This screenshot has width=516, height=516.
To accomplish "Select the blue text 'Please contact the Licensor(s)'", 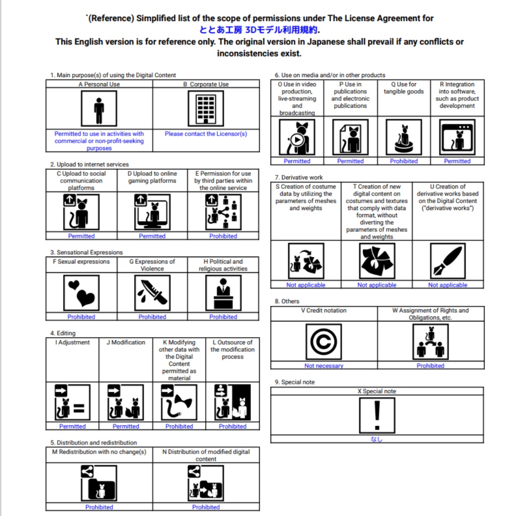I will [206, 134].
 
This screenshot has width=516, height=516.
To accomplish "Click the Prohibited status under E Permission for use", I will [223, 236].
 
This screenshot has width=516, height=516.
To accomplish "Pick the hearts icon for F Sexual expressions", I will [81, 293].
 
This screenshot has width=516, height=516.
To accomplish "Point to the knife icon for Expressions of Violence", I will [152, 293].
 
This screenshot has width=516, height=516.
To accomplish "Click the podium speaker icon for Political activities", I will [223, 293].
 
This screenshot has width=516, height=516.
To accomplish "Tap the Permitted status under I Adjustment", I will [73, 426].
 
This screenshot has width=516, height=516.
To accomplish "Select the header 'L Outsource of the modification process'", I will [233, 349].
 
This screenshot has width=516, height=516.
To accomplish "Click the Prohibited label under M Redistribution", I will [99, 507].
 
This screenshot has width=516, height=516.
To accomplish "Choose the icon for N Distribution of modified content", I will [206, 483].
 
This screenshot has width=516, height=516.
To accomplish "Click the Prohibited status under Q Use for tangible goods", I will [404, 161].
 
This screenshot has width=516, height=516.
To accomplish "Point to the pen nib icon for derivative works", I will [447, 261].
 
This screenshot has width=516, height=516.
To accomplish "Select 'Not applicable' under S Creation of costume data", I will [306, 285].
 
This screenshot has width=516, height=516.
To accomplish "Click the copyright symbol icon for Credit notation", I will [324, 342].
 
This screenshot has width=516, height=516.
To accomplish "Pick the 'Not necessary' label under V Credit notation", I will [324, 366].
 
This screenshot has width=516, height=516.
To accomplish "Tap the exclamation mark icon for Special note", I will [376, 415].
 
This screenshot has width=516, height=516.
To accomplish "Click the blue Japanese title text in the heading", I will [260, 30].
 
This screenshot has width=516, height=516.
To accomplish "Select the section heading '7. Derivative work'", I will [299, 177].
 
